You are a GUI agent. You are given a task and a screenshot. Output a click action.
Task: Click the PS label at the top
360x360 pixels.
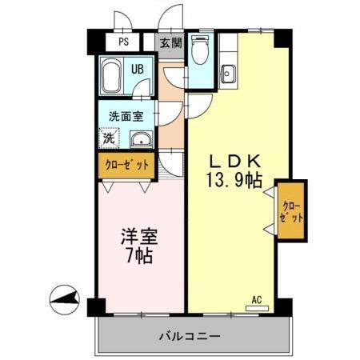pyautogui.click(x=123, y=43)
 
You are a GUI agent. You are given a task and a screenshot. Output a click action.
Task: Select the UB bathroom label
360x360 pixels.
pyautogui.click(x=137, y=70)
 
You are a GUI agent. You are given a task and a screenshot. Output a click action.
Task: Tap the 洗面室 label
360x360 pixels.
pyautogui.click(x=126, y=115)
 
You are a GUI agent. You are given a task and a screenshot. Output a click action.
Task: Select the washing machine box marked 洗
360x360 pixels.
pyautogui.click(x=108, y=137)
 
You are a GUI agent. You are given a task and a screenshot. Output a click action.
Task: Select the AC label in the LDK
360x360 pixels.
pyautogui.click(x=257, y=300)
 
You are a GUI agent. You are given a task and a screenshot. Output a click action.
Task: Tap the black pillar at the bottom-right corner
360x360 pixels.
pyautogui.click(x=282, y=306)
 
